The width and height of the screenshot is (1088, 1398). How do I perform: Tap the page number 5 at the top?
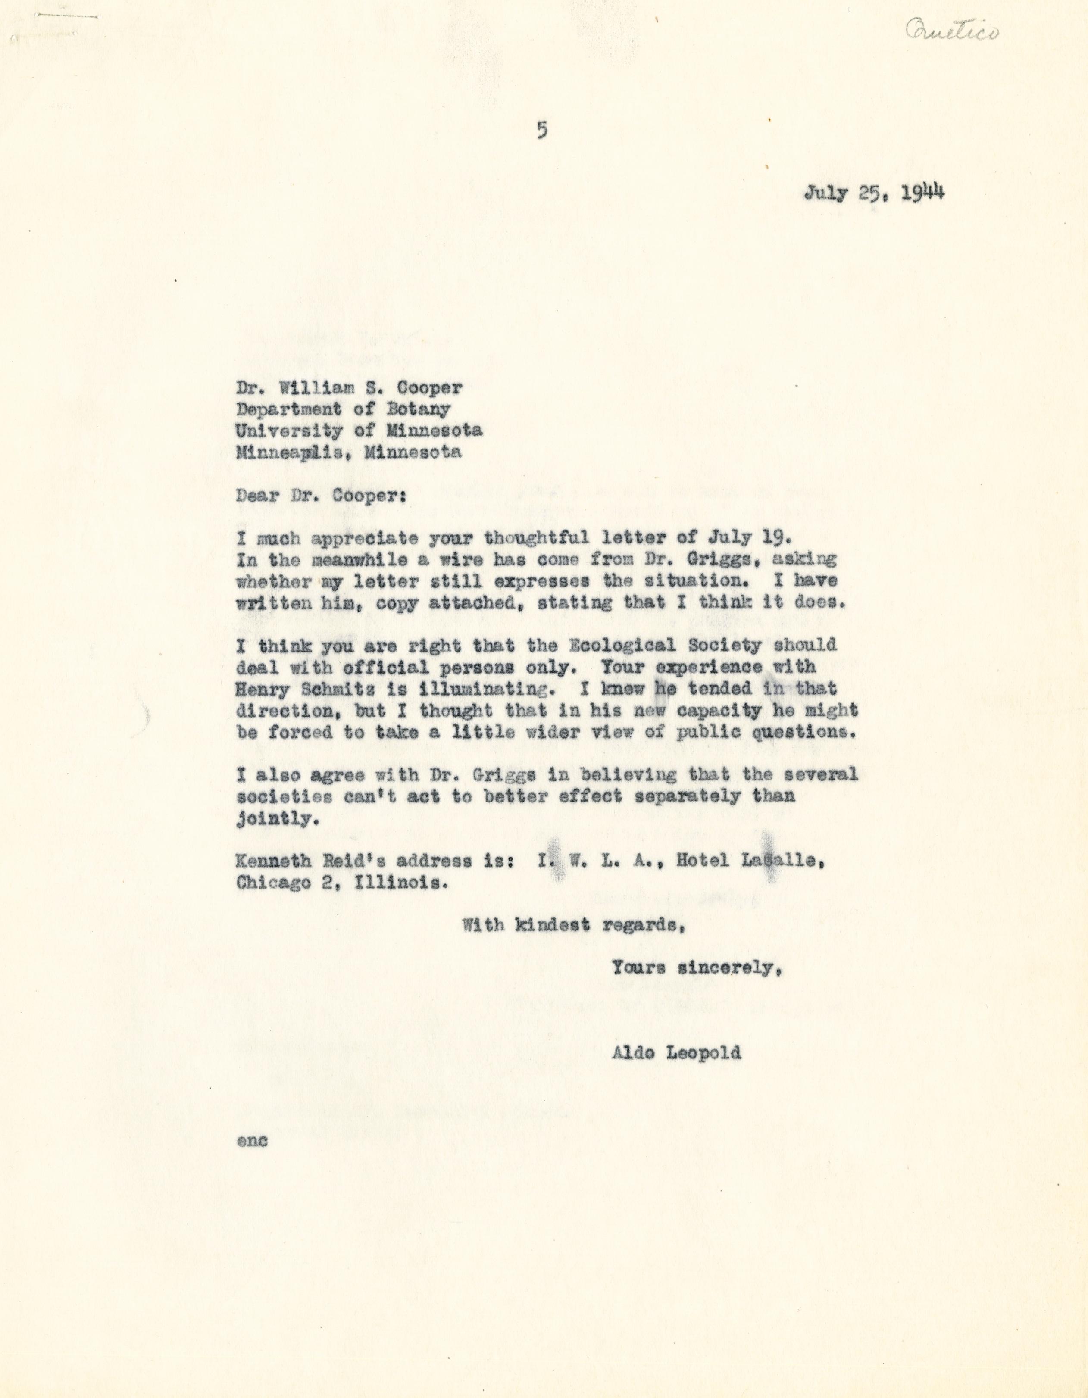pyautogui.click(x=542, y=131)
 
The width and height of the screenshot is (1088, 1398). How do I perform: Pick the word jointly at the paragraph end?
pyautogui.click(x=277, y=819)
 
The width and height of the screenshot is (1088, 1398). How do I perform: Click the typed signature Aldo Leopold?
pyautogui.click(x=677, y=1053)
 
